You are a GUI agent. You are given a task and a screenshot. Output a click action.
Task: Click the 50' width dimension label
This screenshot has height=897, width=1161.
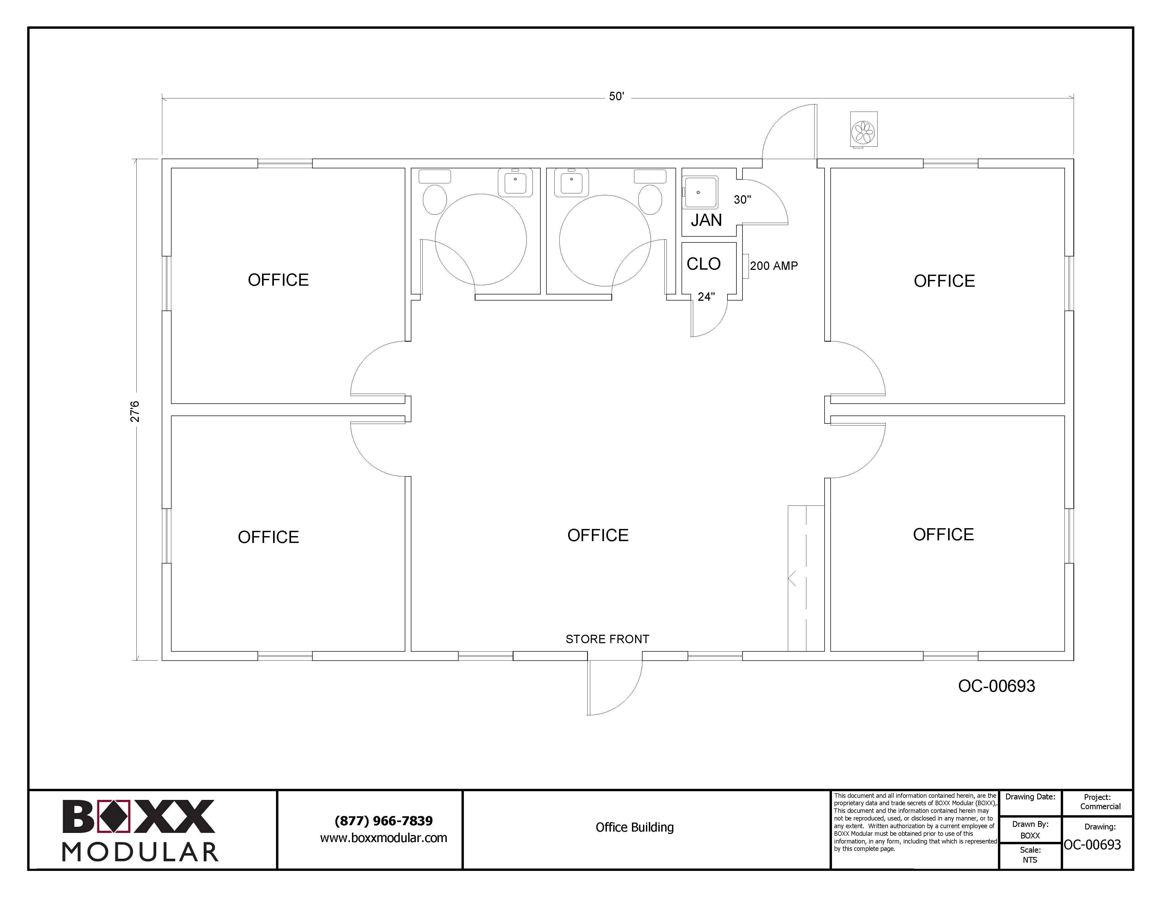(616, 97)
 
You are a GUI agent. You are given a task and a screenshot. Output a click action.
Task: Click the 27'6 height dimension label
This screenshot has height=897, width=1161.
(135, 411)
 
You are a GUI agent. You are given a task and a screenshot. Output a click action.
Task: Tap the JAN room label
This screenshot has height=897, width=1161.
(706, 220)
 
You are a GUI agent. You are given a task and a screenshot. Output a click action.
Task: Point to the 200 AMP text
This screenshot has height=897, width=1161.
(774, 266)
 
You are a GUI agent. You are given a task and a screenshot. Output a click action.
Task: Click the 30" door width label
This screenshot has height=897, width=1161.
(742, 200)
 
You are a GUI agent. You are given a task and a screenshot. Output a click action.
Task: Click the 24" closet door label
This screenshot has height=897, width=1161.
(706, 297)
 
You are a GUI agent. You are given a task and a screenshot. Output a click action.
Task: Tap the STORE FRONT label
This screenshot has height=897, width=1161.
(607, 639)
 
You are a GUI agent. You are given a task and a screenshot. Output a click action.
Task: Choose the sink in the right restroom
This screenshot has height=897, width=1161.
(572, 182)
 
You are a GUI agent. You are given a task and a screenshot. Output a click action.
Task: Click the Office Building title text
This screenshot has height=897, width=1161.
(635, 827)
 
